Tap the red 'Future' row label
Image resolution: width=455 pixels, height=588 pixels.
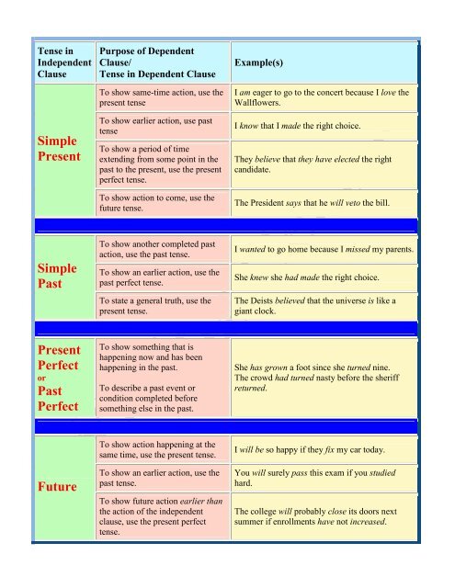[57, 487]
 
